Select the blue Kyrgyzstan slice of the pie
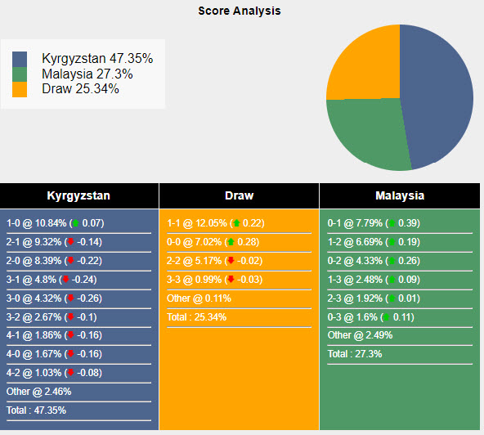[437, 94]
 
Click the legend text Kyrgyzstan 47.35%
[97, 59]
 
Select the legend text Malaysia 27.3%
[87, 74]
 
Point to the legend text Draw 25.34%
[80, 88]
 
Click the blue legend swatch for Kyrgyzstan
[20, 59]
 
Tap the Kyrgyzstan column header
[79, 196]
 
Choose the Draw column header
[239, 196]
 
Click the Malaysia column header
[399, 196]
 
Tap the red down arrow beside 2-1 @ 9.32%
[71, 242]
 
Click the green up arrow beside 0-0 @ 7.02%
[231, 242]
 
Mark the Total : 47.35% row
[37, 410]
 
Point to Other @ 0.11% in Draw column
[197, 298]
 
